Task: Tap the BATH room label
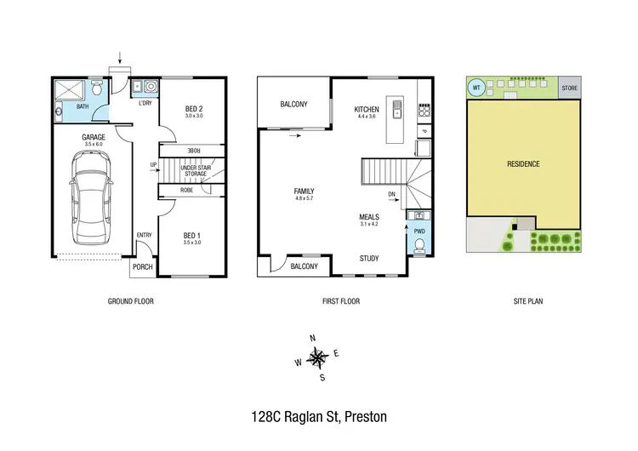click(x=83, y=107)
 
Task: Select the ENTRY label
click(x=145, y=236)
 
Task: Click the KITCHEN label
click(x=367, y=110)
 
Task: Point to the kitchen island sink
click(x=396, y=111)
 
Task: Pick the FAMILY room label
click(x=305, y=191)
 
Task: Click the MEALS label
click(x=369, y=217)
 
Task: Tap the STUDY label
click(x=369, y=259)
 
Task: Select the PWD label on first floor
click(x=419, y=231)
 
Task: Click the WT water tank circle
click(x=477, y=87)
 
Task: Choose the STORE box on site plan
click(x=570, y=87)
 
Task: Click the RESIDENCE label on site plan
click(x=523, y=163)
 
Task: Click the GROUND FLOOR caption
click(x=130, y=301)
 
